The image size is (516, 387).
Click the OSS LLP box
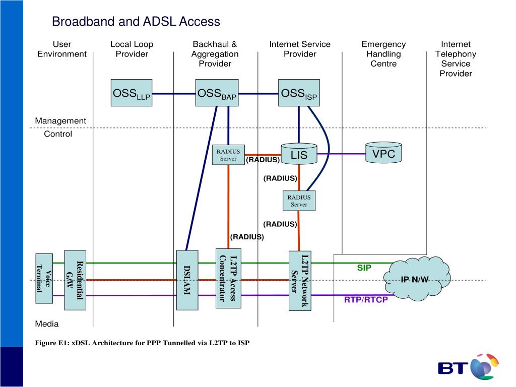pyautogui.click(x=132, y=93)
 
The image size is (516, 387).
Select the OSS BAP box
pyautogui.click(x=217, y=93)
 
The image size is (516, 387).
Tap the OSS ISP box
pyautogui.click(x=299, y=93)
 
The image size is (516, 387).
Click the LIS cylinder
pyautogui.click(x=299, y=154)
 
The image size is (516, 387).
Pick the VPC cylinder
pyautogui.click(x=383, y=153)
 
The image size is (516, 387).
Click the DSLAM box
pyautogui.click(x=186, y=280)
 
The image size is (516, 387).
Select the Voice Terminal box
pyautogui.click(x=44, y=278)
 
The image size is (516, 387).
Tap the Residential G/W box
pyautogui.click(x=75, y=280)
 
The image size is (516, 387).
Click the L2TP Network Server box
pyautogui.click(x=299, y=280)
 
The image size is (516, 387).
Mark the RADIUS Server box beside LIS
pyautogui.click(x=228, y=155)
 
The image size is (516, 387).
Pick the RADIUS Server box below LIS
pyautogui.click(x=299, y=201)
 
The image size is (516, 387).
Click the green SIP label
pyautogui.click(x=364, y=268)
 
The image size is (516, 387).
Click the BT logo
pyautogui.click(x=469, y=367)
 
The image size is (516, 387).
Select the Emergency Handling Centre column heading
pyautogui.click(x=383, y=54)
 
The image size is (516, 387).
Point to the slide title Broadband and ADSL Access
pyautogui.click(x=136, y=22)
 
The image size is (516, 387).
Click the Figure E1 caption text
pyautogui.click(x=142, y=343)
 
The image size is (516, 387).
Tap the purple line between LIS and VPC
pyautogui.click(x=342, y=154)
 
